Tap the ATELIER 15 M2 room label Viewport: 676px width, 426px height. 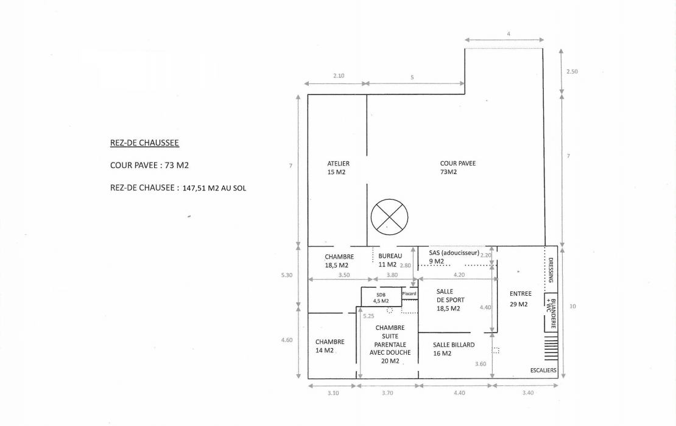(x=338, y=168)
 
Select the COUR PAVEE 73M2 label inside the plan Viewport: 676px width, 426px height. (x=457, y=167)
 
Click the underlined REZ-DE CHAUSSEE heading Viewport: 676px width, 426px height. (x=144, y=143)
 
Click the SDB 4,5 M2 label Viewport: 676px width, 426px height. (x=381, y=298)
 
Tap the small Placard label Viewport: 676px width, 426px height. (x=409, y=294)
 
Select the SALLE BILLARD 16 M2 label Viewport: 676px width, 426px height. (x=453, y=349)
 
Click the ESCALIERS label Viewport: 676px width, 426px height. (x=543, y=369)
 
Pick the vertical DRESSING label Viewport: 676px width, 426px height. (x=552, y=268)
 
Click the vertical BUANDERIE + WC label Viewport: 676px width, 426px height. (x=551, y=312)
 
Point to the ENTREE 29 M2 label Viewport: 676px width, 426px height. (x=520, y=299)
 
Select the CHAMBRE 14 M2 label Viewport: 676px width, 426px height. (x=329, y=346)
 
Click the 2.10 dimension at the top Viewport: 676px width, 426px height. (x=339, y=75)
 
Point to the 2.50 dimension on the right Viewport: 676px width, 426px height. (x=571, y=71)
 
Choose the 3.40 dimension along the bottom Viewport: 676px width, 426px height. (x=527, y=393)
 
